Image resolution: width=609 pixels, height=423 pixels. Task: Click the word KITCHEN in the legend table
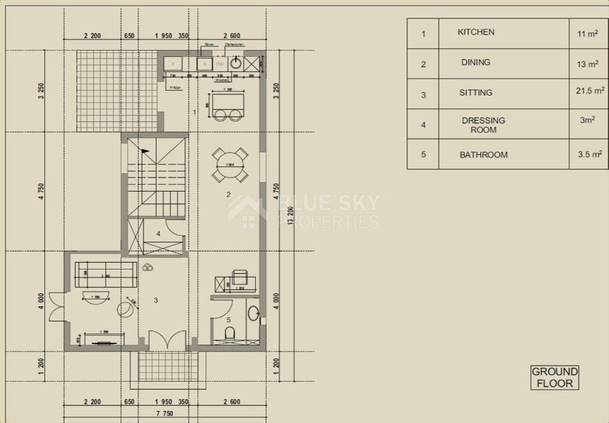tap(476, 32)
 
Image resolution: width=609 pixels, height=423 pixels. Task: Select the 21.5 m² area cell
tap(589, 91)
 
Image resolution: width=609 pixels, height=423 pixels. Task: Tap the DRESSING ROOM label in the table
tap(483, 125)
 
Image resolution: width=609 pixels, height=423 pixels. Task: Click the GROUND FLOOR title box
tap(555, 377)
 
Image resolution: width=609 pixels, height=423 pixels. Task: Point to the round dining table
tap(231, 165)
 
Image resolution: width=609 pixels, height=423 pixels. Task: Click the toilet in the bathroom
tap(230, 334)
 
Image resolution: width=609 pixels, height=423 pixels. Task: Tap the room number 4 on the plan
tap(158, 234)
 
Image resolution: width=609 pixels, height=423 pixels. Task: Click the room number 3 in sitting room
tap(156, 300)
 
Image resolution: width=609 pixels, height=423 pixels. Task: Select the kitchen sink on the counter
tap(236, 64)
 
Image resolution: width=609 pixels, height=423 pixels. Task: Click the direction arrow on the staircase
tap(145, 150)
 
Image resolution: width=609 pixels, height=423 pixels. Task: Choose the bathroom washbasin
tap(254, 313)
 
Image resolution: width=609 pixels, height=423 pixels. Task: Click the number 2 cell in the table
tap(423, 64)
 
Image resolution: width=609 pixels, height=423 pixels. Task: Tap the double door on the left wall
tap(57, 306)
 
